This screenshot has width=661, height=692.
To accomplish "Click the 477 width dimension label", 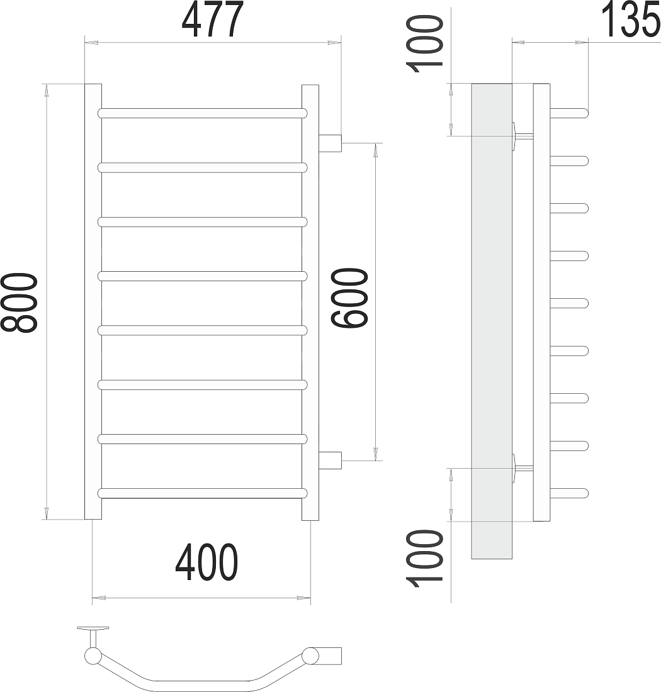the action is (x=212, y=20).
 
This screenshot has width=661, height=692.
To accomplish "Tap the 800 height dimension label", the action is (x=19, y=303).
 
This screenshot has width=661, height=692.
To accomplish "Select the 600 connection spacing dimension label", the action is (x=349, y=299).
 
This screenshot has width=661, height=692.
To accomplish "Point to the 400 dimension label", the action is (x=206, y=562).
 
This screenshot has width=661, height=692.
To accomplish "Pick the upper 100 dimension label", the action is (x=424, y=43).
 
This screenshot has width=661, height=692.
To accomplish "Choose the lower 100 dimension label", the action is (x=424, y=559).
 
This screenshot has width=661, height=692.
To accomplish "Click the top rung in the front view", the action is (x=203, y=113).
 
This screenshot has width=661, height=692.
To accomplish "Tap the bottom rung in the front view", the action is (x=203, y=493).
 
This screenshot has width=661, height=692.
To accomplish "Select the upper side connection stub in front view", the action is (x=330, y=143).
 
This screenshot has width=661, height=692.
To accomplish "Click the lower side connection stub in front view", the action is (x=330, y=460).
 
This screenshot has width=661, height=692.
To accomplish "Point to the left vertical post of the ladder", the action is (x=93, y=302).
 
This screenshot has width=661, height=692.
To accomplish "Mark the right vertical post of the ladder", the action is (x=310, y=303).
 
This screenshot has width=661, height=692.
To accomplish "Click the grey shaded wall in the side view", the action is (x=492, y=321).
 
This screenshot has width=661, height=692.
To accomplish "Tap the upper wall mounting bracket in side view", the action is (x=523, y=137).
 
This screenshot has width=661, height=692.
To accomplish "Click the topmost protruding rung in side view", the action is (x=569, y=113).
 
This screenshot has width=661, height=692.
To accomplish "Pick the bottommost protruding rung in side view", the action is (x=569, y=493).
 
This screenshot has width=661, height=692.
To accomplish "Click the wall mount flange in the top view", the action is (x=93, y=628).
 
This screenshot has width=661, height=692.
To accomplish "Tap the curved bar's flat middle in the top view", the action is (x=203, y=688).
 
